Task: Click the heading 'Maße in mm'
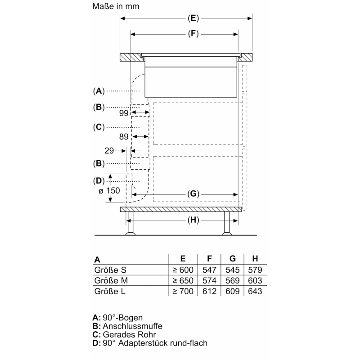click(x=116, y=6)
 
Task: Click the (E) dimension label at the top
click(x=193, y=18)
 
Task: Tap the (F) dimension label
click(x=193, y=34)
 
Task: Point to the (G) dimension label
click(x=193, y=194)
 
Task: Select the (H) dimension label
click(x=193, y=220)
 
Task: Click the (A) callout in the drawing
click(x=99, y=91)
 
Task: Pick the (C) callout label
click(x=99, y=127)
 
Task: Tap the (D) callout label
click(x=99, y=181)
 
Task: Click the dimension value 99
click(x=124, y=113)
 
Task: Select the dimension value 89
click(x=124, y=137)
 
